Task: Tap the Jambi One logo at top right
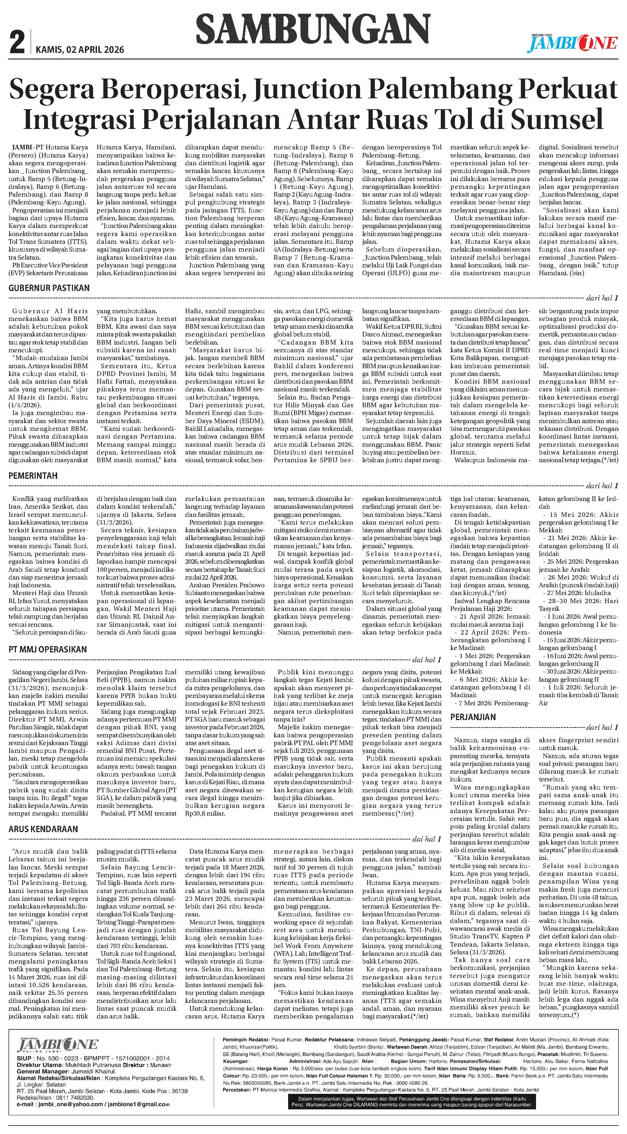(572, 43)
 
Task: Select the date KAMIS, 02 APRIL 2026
(80, 50)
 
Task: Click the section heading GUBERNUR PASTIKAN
(49, 288)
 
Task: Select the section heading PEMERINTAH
(33, 476)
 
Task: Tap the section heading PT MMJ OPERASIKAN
(48, 649)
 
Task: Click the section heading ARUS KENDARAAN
(43, 829)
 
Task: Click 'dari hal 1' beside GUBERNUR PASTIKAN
(602, 298)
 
